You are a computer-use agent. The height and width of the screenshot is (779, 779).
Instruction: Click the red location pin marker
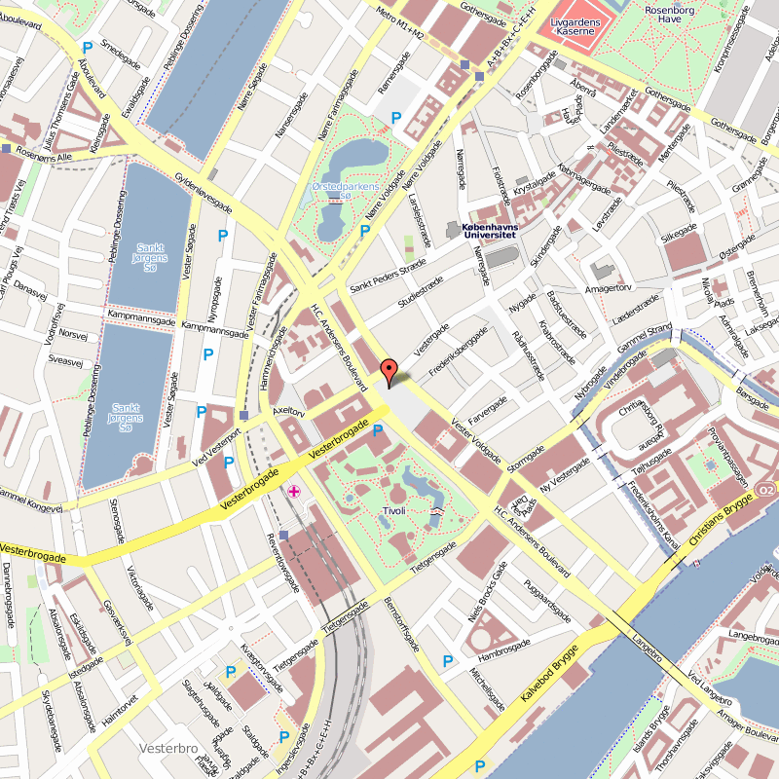(389, 372)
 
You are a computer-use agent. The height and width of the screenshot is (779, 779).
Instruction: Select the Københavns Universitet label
(491, 228)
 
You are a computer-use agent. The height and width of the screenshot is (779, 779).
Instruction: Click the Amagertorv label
(609, 288)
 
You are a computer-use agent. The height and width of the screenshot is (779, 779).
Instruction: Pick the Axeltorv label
(289, 413)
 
